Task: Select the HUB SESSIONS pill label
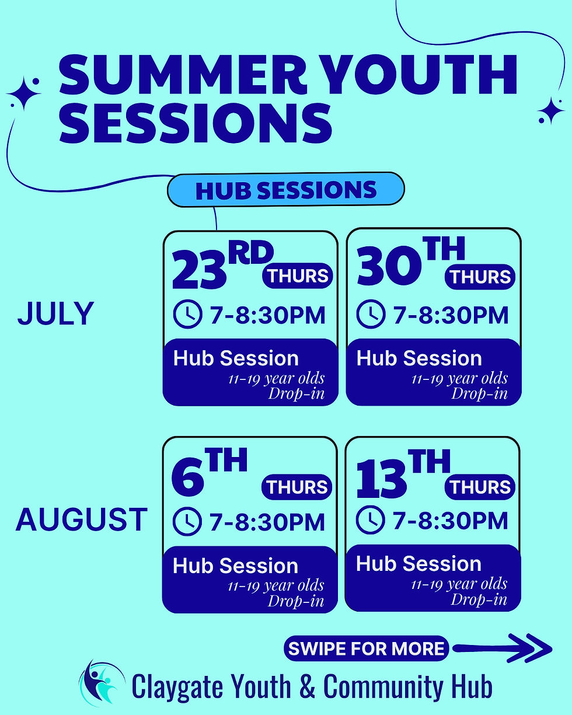pyautogui.click(x=286, y=190)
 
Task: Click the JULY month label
pyautogui.click(x=56, y=313)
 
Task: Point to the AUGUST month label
pyautogui.click(x=82, y=519)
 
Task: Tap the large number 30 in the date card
pyautogui.click(x=389, y=266)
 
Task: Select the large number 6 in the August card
pyautogui.click(x=187, y=478)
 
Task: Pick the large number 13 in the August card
pyautogui.click(x=381, y=479)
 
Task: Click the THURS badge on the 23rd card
pyautogui.click(x=298, y=275)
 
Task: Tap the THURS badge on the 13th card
pyautogui.click(x=480, y=487)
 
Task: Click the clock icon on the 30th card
pyautogui.click(x=371, y=314)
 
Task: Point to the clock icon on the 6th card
pyautogui.click(x=187, y=521)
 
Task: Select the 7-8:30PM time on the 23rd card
pyautogui.click(x=267, y=315)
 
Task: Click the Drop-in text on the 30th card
pyautogui.click(x=479, y=393)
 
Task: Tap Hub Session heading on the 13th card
pyautogui.click(x=418, y=563)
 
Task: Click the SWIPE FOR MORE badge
pyautogui.click(x=367, y=648)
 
